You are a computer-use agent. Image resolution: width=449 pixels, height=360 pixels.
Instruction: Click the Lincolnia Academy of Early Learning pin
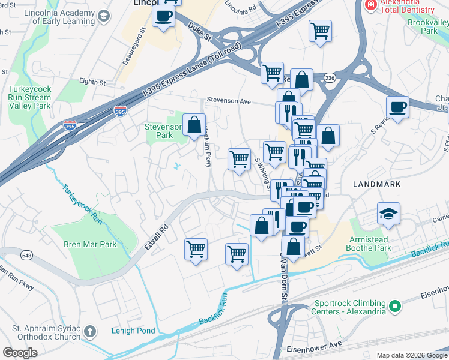pyautogui.click(x=104, y=16)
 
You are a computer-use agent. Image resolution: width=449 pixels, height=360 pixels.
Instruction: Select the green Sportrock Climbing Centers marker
pyautogui.click(x=394, y=307)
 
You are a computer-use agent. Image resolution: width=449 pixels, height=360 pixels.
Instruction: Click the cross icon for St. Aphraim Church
pyautogui.click(x=89, y=331)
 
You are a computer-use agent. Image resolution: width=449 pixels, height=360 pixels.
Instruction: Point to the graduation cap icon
pyautogui.click(x=388, y=213)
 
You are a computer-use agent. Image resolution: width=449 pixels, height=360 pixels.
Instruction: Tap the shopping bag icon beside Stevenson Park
pyautogui.click(x=194, y=126)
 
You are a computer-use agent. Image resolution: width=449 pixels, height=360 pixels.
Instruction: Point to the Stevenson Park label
pyautogui.click(x=163, y=131)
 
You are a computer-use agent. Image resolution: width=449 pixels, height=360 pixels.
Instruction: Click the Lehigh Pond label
pyautogui.click(x=133, y=331)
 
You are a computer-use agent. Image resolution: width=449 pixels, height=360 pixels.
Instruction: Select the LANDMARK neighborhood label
pyautogui.click(x=376, y=184)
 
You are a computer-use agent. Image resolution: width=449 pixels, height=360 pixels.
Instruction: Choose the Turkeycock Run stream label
pyautogui.click(x=81, y=204)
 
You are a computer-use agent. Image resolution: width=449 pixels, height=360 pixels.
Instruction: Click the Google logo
pyautogui.click(x=20, y=353)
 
